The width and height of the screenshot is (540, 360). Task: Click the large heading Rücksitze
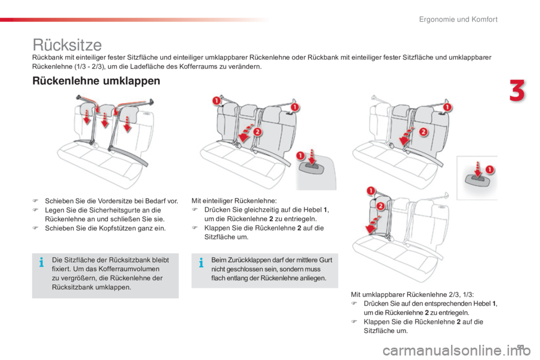[67, 45]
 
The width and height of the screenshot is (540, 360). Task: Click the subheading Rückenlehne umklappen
[96, 81]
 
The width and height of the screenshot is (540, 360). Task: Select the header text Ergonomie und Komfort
[458, 20]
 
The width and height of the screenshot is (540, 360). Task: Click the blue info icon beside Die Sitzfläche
[41, 263]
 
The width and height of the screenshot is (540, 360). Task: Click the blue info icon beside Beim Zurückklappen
[201, 263]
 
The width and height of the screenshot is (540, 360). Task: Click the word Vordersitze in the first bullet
[114, 201]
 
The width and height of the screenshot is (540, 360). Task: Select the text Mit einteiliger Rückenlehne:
[234, 201]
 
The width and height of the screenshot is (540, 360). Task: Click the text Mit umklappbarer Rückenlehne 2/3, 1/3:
[412, 295]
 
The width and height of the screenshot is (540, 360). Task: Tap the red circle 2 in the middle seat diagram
[257, 132]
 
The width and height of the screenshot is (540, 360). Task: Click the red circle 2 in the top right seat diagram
[423, 132]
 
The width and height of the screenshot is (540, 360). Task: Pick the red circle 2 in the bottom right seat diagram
[380, 206]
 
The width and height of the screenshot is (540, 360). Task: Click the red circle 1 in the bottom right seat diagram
[371, 191]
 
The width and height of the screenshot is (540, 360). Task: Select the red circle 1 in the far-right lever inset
[489, 169]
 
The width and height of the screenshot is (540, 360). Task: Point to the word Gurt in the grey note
[326, 260]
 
